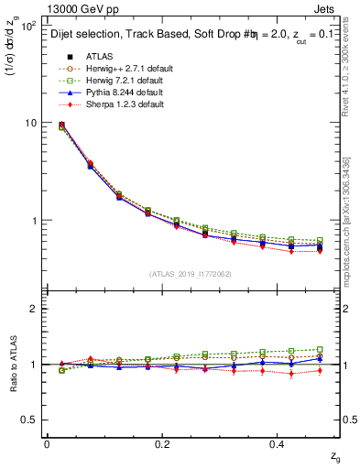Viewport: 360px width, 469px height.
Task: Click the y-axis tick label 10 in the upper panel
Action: tap(29, 123)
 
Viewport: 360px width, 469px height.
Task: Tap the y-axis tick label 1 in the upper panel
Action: tap(33, 221)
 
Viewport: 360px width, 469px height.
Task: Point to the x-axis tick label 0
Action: tap(47, 444)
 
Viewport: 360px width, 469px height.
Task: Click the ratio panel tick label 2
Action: tap(33, 309)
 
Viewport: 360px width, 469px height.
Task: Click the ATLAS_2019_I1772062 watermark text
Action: tap(189, 274)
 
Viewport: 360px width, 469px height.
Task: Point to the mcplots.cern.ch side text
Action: tap(351, 230)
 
